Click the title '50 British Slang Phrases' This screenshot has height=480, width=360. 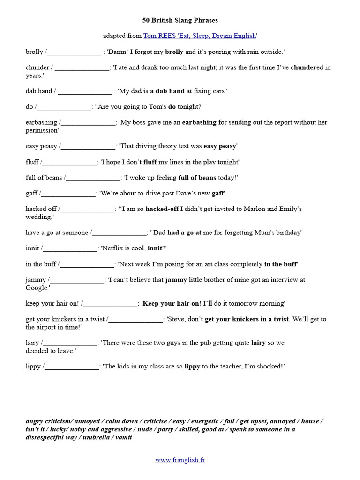pyautogui.click(x=180, y=20)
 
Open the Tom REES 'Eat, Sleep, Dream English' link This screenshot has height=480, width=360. pyautogui.click(x=200, y=36)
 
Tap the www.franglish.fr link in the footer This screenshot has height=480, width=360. pyautogui.click(x=180, y=460)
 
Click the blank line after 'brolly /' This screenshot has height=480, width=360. pyautogui.click(x=74, y=52)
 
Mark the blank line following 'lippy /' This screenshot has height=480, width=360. pyautogui.click(x=71, y=367)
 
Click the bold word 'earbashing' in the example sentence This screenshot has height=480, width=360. pyautogui.click(x=199, y=122)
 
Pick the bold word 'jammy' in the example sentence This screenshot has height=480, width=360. pyautogui.click(x=176, y=280)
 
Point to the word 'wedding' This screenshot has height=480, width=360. pyautogui.click(x=38, y=217)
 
